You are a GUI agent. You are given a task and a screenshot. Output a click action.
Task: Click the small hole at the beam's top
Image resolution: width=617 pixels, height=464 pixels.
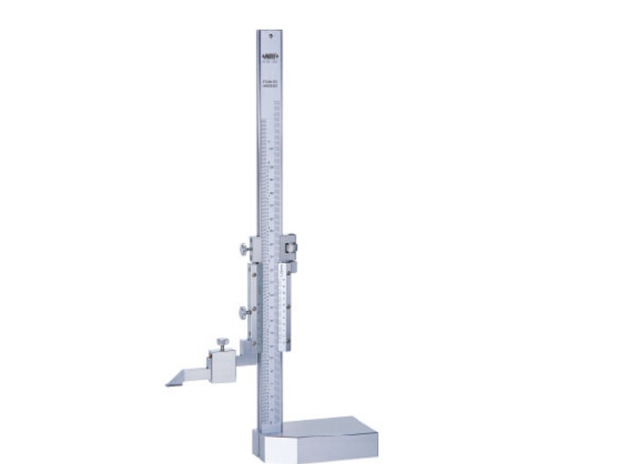[x=271, y=34]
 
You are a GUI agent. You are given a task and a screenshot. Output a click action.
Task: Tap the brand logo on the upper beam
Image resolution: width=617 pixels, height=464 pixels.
[x=270, y=56]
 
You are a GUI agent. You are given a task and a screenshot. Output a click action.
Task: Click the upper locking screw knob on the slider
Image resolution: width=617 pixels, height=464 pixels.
[x=244, y=249]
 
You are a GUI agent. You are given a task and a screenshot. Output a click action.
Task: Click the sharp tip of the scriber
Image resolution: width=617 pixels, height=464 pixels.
[x=167, y=385]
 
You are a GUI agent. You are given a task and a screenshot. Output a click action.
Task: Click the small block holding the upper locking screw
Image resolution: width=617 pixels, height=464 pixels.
[x=256, y=250]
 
